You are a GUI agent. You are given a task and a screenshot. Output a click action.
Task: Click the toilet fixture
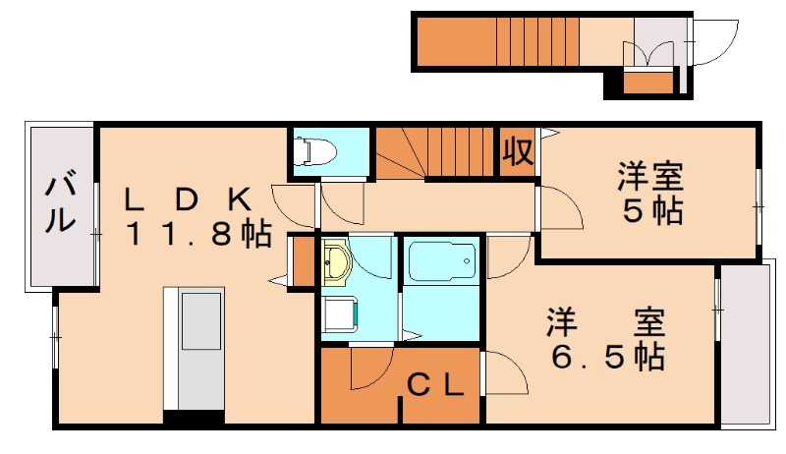tap(314, 150)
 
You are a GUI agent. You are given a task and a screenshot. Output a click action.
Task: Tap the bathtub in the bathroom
tap(441, 262)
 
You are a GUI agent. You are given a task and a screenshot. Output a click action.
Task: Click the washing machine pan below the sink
tap(340, 315)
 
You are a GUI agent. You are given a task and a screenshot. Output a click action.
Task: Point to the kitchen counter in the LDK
tap(194, 348)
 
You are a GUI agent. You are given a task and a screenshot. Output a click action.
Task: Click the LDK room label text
tap(189, 199)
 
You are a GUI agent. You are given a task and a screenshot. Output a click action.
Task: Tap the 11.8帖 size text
tap(199, 235)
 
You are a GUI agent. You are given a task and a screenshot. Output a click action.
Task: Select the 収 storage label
tap(518, 151)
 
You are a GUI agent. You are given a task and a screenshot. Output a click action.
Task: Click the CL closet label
tap(434, 386)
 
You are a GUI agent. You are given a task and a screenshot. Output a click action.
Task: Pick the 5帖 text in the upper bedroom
tap(652, 211)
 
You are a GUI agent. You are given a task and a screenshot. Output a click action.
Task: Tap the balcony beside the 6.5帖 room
tap(746, 346)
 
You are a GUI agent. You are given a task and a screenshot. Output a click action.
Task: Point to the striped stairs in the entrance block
tap(537, 41)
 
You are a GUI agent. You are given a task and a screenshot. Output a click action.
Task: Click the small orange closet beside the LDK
tap(303, 262)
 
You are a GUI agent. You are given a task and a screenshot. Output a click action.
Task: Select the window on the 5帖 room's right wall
tap(758, 206)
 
